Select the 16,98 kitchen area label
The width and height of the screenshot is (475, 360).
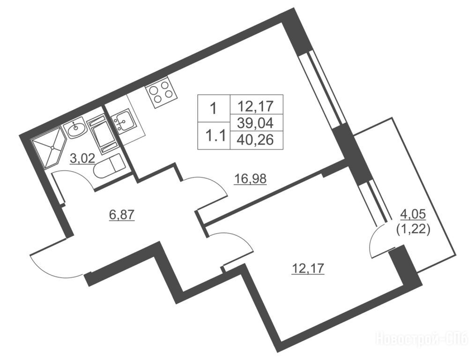click(250, 179)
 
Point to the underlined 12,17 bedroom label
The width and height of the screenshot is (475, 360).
click(308, 268)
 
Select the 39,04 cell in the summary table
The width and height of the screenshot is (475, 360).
click(256, 123)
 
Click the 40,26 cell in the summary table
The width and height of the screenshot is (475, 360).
click(256, 140)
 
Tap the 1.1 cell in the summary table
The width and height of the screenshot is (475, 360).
click(214, 136)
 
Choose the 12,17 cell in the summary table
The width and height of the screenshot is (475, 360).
click(256, 105)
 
